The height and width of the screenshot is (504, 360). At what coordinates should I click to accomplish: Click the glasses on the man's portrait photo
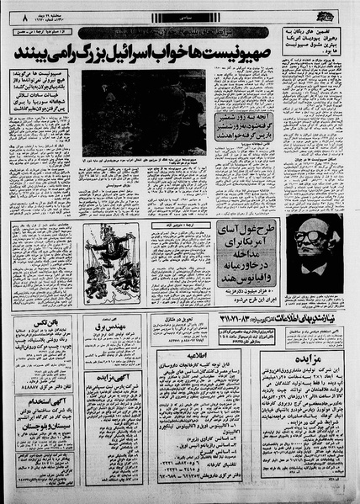click(315, 237)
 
